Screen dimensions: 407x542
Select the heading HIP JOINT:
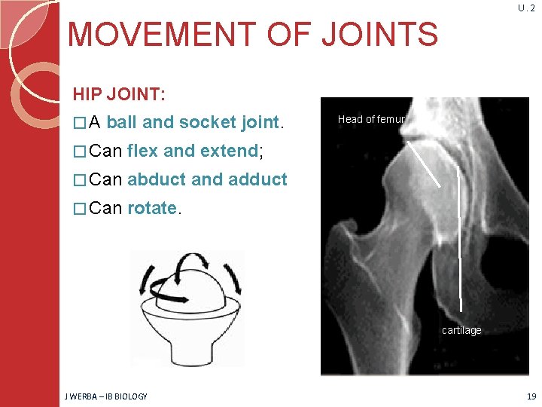point(119,94)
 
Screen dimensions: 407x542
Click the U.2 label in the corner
point(526,8)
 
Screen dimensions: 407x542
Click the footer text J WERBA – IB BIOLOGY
point(105,396)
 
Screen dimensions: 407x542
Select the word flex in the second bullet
point(144,151)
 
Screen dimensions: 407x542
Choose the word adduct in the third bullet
point(257,179)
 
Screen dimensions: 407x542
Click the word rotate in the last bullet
point(152,208)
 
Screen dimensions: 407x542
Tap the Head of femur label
point(371,119)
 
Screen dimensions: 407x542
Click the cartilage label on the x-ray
point(461,330)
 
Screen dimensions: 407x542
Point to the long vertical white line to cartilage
point(458,241)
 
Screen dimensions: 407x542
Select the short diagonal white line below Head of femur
point(425,162)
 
